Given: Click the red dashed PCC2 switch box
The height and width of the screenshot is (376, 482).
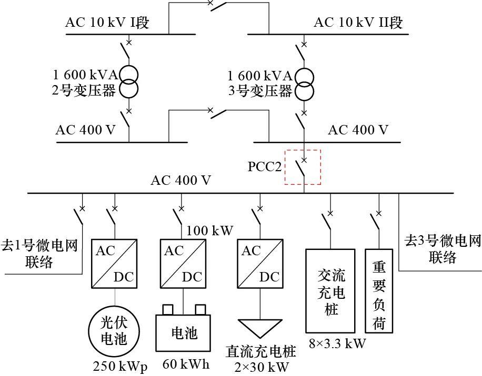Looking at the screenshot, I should pyautogui.click(x=303, y=167).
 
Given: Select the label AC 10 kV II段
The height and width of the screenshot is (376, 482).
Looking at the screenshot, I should pyautogui.click(x=358, y=23).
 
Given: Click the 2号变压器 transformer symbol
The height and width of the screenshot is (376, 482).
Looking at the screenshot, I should pyautogui.click(x=128, y=81).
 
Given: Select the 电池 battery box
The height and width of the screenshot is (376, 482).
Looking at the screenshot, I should pyautogui.click(x=183, y=333).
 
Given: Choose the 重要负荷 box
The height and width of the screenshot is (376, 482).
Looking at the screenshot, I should pyautogui.click(x=379, y=289).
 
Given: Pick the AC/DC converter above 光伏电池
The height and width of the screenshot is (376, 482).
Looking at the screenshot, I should pyautogui.click(x=114, y=264).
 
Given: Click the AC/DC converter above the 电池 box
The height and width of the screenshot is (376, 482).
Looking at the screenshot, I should pyautogui.click(x=183, y=264).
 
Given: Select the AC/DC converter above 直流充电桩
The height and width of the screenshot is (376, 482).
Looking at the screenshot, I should pyautogui.click(x=260, y=264).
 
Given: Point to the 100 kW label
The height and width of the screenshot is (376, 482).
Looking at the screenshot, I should pyautogui.click(x=210, y=231).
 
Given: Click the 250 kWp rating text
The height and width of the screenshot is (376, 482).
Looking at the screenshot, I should pyautogui.click(x=120, y=365).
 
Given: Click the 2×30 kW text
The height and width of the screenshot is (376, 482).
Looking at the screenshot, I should pyautogui.click(x=262, y=366).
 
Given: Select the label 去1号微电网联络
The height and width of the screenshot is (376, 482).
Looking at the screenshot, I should pyautogui.click(x=39, y=254).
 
